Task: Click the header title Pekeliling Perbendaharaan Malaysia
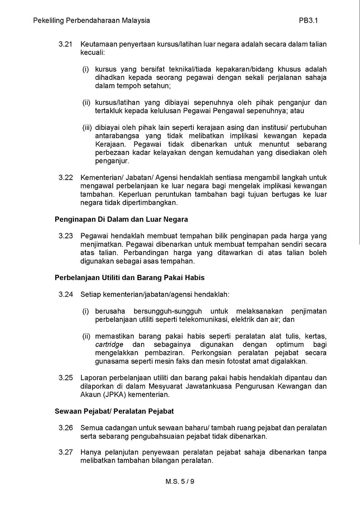[x=91, y=21]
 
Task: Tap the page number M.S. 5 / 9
[x=180, y=481]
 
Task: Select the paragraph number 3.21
[x=66, y=45]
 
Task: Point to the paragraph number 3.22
[x=66, y=177]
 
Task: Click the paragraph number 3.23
[x=66, y=236]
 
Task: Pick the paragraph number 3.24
[x=66, y=295]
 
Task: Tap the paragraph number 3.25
[x=66, y=377]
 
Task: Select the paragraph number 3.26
[x=66, y=428]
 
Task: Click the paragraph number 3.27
[x=66, y=452]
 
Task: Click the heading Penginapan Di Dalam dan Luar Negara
[x=121, y=219]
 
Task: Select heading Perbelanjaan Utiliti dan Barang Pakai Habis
[x=129, y=278]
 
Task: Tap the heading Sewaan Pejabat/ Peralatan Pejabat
[x=114, y=411]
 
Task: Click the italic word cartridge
[x=109, y=345]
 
